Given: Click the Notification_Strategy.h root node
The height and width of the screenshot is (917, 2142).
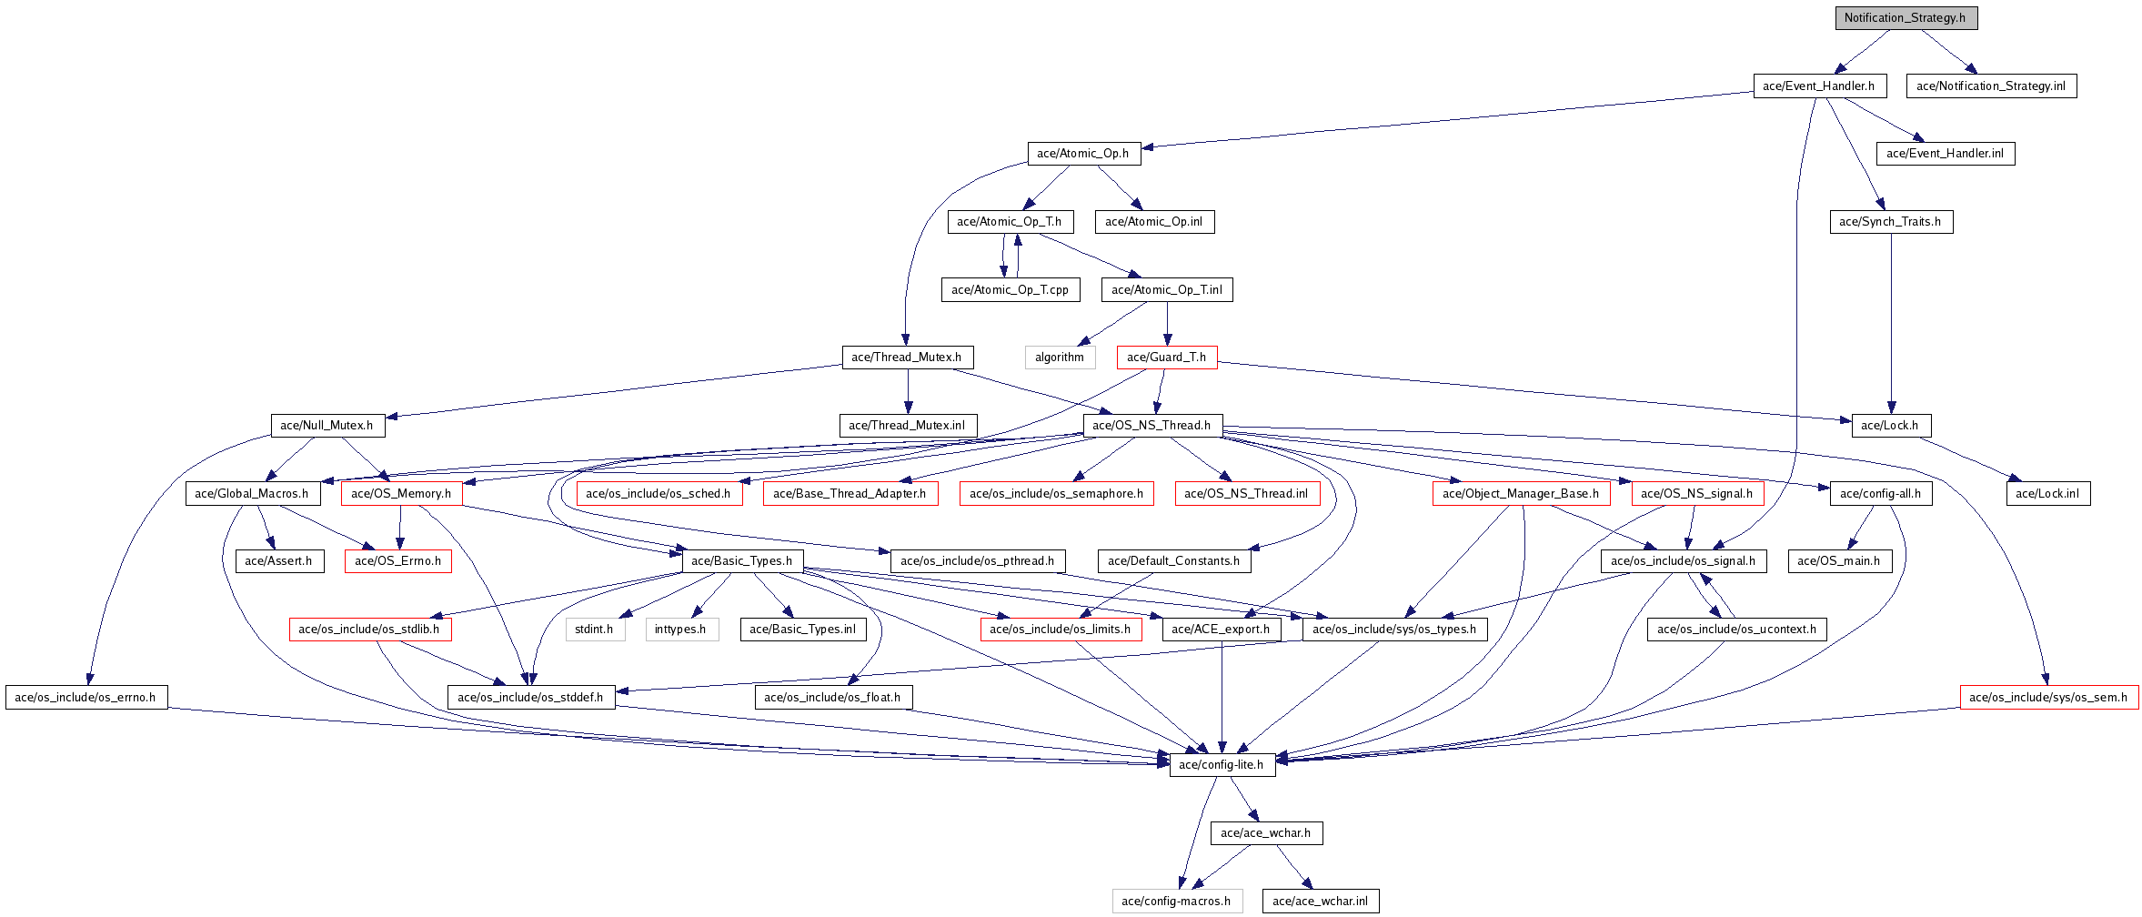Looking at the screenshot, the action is tap(1906, 18).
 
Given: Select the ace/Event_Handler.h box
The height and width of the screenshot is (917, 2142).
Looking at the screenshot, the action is tap(1819, 86).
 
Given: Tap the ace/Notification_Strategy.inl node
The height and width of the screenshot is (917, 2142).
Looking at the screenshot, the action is tap(1991, 86).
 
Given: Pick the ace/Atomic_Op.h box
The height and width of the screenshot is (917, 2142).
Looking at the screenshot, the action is tap(1083, 154).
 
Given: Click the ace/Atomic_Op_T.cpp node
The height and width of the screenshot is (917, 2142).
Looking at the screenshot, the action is tap(1011, 290).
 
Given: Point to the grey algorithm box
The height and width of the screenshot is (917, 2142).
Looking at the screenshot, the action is tap(1060, 358).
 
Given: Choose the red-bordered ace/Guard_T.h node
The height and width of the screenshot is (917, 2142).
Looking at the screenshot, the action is tap(1167, 358).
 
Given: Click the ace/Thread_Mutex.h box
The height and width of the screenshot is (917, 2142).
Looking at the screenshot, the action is tap(907, 358).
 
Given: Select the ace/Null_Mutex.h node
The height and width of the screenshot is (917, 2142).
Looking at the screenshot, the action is tap(327, 426).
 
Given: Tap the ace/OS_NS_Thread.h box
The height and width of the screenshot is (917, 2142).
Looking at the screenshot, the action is tap(1152, 426).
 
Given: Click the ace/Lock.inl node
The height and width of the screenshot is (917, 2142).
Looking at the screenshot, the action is tap(2048, 494).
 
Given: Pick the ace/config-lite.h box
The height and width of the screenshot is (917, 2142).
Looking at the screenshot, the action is tap(1222, 765).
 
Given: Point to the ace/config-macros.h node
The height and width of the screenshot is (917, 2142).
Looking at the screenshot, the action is tap(1177, 902).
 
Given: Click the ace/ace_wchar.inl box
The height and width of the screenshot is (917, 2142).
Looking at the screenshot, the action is tap(1321, 902).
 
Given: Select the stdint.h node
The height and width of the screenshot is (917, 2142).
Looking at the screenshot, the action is tap(595, 630).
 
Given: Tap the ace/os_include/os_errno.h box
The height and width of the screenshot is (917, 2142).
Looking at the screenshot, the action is tap(86, 698).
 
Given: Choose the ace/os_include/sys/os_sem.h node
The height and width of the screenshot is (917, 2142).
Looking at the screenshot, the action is tap(2049, 698).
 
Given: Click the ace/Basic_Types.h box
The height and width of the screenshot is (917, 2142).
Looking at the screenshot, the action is tap(742, 561).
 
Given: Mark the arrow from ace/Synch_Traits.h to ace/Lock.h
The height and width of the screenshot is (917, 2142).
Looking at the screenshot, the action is tap(1892, 324).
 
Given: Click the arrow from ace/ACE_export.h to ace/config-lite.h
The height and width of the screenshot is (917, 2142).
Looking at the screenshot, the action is tap(1222, 697).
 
